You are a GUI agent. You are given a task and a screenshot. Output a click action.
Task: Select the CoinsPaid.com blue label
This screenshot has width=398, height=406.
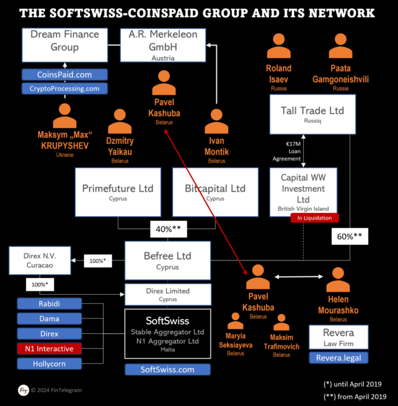click(x=65, y=75)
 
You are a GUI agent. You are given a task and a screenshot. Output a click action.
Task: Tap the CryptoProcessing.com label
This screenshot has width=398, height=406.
click(x=65, y=89)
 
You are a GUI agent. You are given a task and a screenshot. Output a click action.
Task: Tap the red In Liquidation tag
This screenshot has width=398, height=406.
click(x=314, y=218)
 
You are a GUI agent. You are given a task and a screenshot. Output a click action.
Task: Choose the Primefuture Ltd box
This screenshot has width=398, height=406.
click(x=118, y=192)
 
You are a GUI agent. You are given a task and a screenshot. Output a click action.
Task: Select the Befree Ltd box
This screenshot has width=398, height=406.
click(x=168, y=260)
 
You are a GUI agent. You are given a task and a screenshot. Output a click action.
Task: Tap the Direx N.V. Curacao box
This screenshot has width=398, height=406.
click(x=40, y=261)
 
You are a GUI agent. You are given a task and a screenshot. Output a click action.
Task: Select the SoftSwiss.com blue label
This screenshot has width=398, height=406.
click(x=168, y=370)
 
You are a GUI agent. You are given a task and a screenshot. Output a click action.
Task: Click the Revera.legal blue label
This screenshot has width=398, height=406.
click(x=338, y=357)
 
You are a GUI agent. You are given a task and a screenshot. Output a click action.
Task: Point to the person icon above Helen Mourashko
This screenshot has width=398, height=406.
click(x=338, y=279)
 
